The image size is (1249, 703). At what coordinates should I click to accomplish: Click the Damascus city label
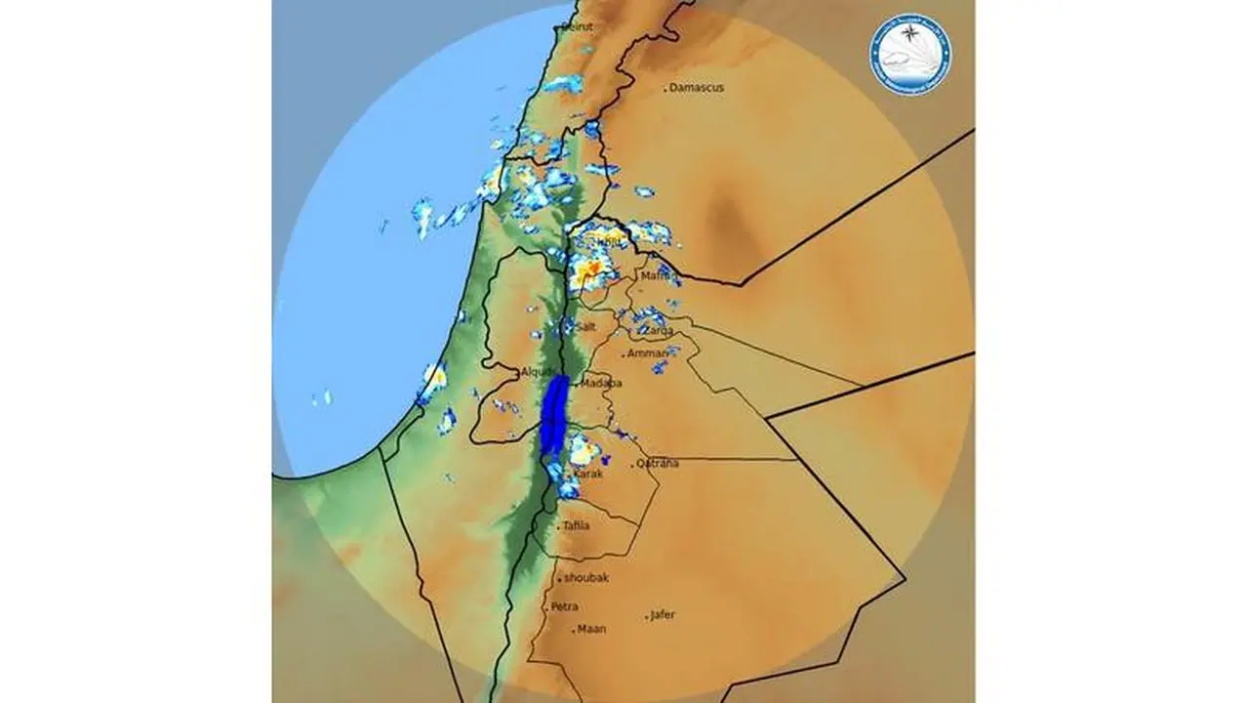pyautogui.click(x=697, y=88)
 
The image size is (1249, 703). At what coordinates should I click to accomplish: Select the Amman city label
pyautogui.click(x=649, y=353)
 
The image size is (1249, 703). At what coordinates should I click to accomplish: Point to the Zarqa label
pyautogui.click(x=658, y=331)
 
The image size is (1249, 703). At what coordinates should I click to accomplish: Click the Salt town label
pyautogui.click(x=585, y=327)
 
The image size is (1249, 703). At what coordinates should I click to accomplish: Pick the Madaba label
pyautogui.click(x=601, y=384)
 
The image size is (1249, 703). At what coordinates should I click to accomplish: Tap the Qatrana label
pyautogui.click(x=659, y=464)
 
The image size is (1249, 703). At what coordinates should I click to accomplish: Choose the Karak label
pyautogui.click(x=588, y=475)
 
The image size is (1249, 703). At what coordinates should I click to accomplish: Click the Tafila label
pyautogui.click(x=576, y=526)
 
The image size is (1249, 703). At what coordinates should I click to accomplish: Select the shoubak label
pyautogui.click(x=586, y=578)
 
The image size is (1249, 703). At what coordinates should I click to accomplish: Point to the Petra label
pyautogui.click(x=564, y=606)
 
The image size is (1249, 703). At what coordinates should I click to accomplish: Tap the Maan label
pyautogui.click(x=591, y=629)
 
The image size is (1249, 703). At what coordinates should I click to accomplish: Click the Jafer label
pyautogui.click(x=663, y=615)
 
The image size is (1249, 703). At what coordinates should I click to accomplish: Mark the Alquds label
pyautogui.click(x=538, y=372)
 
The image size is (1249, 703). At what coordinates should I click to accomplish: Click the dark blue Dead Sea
pyautogui.click(x=553, y=414)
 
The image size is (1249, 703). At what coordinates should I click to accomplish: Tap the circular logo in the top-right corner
pyautogui.click(x=911, y=54)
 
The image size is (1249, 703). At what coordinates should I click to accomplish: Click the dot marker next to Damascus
pyautogui.click(x=665, y=90)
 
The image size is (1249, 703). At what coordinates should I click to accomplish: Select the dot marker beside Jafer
pyautogui.click(x=646, y=618)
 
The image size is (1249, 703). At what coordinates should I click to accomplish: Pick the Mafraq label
pyautogui.click(x=658, y=277)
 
